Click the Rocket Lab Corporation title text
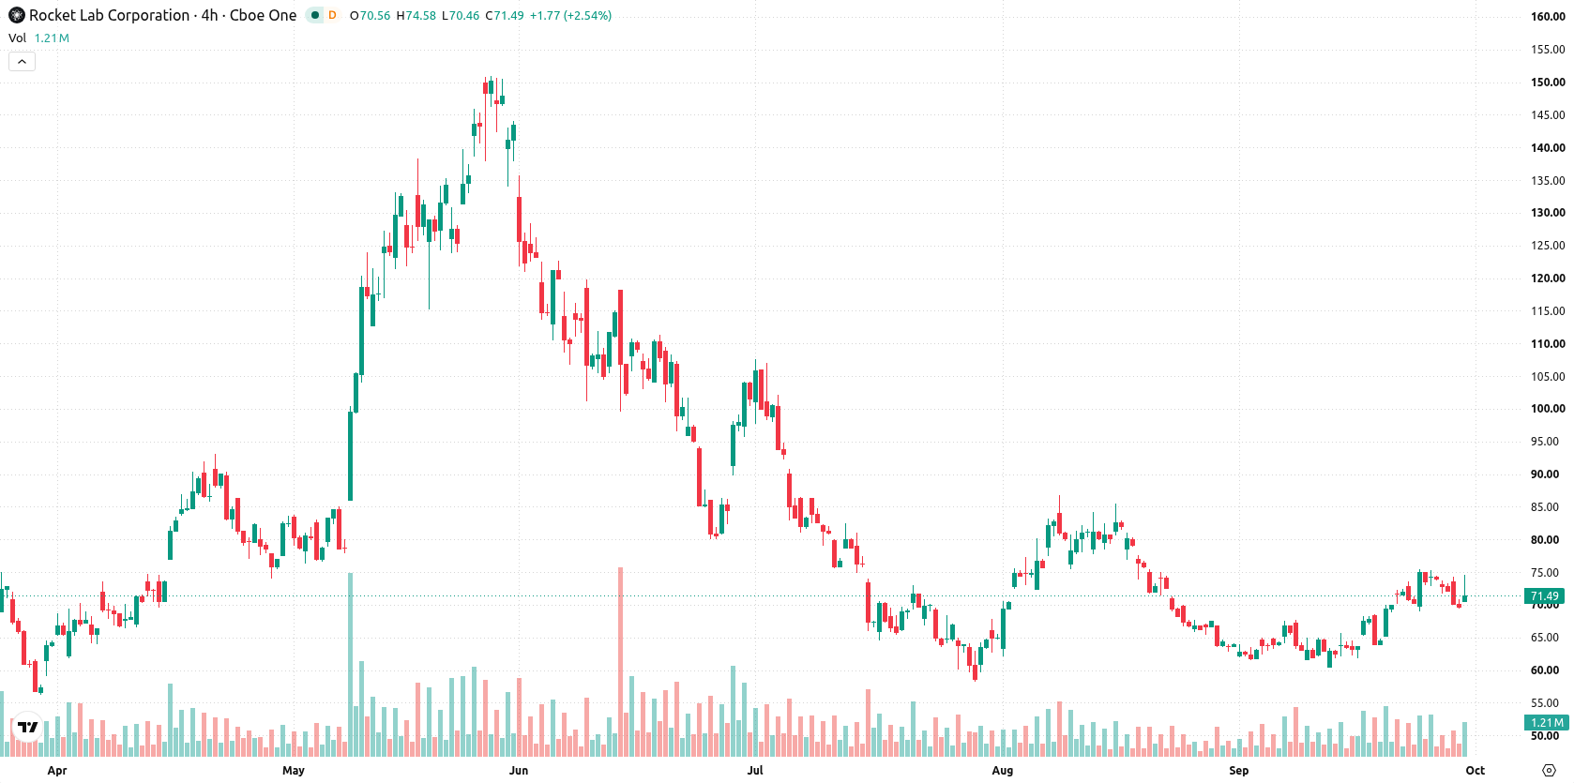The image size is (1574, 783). (x=109, y=15)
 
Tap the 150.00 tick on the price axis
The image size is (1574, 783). (x=1548, y=83)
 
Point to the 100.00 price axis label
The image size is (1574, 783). (x=1548, y=409)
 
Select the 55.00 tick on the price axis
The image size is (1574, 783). (x=1548, y=703)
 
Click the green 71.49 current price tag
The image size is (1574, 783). (x=1544, y=596)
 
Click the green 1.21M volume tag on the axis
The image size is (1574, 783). (x=1546, y=723)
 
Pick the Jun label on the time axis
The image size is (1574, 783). (x=519, y=771)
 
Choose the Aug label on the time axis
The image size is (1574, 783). (x=1003, y=771)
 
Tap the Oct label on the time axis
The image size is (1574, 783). (x=1475, y=771)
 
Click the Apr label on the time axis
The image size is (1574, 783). (x=57, y=771)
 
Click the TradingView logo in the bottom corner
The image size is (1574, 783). (x=28, y=728)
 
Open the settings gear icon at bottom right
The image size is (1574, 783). (x=1549, y=771)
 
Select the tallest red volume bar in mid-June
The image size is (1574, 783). (x=620, y=661)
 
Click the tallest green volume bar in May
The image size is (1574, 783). (x=351, y=664)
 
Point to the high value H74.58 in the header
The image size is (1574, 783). (x=416, y=15)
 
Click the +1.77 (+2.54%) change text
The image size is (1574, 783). (x=570, y=15)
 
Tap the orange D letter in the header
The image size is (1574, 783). (x=332, y=15)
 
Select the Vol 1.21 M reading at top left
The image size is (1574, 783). (x=38, y=38)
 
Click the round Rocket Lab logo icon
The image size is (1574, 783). (x=16, y=15)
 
